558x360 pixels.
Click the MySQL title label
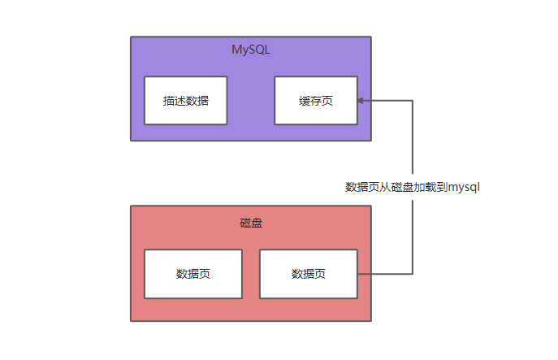pyautogui.click(x=250, y=50)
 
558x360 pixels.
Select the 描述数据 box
pyautogui.click(x=185, y=101)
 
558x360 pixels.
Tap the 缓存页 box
pyautogui.click(x=315, y=101)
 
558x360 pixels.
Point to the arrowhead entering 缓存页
pyautogui.click(x=361, y=101)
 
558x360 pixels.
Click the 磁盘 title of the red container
pyautogui.click(x=250, y=223)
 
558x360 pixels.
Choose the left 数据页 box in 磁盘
pyautogui.click(x=193, y=274)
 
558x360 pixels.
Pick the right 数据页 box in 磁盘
pyautogui.click(x=308, y=274)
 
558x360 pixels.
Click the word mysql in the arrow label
pyautogui.click(x=465, y=187)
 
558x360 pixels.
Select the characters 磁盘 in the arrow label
pyautogui.click(x=402, y=187)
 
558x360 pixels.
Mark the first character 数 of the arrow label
pyautogui.click(x=351, y=187)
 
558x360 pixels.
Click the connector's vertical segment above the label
pyautogui.click(x=413, y=138)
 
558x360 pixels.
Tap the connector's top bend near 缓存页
pyautogui.click(x=413, y=101)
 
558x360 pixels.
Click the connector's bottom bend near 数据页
pyautogui.click(x=413, y=274)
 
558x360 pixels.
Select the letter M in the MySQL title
pyautogui.click(x=236, y=50)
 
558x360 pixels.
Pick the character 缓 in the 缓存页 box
pyautogui.click(x=304, y=101)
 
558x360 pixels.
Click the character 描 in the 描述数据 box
pyautogui.click(x=168, y=101)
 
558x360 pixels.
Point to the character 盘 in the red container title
pyautogui.click(x=256, y=223)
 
